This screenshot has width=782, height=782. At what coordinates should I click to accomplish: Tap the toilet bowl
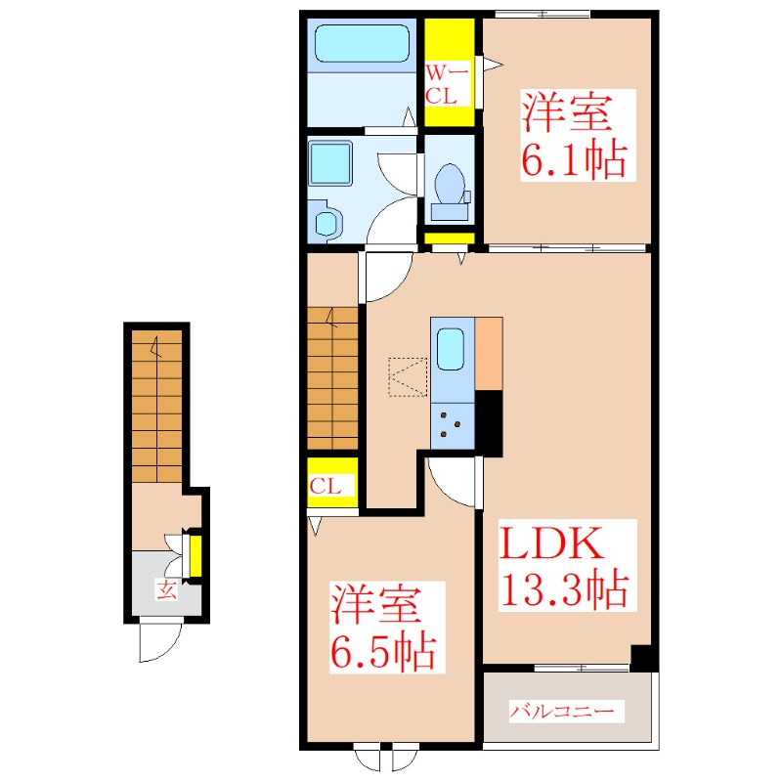[449, 183]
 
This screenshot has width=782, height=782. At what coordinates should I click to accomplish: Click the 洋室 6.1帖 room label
[570, 137]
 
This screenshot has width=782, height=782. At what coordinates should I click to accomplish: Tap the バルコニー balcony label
[567, 711]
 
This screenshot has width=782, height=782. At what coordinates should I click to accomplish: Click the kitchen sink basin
[450, 349]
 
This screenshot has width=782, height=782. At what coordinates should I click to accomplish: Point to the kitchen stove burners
[451, 420]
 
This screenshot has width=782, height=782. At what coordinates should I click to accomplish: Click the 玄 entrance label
[167, 589]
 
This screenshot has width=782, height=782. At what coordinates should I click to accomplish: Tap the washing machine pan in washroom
[330, 161]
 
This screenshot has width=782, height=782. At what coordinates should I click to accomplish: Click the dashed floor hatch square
[408, 376]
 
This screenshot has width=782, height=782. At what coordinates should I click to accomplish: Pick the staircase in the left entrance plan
[156, 406]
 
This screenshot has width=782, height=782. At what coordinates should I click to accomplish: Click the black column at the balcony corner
[641, 657]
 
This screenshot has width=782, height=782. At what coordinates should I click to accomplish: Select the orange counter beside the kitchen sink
[488, 353]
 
